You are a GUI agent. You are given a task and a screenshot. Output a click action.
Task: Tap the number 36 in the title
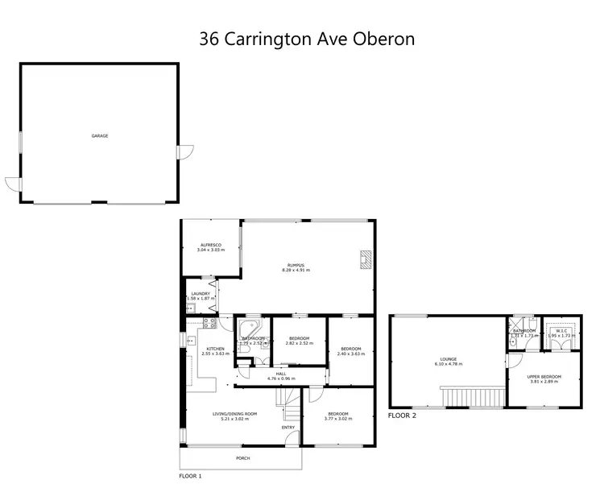[x=209, y=38]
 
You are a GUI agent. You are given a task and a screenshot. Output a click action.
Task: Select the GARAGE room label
[x=100, y=135]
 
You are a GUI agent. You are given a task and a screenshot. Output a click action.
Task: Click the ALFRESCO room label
[x=211, y=244]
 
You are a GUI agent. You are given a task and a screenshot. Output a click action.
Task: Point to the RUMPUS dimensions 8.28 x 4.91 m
[x=296, y=270]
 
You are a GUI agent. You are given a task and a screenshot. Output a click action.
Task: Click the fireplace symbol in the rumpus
[x=366, y=259]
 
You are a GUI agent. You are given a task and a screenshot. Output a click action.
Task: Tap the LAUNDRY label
[x=201, y=293]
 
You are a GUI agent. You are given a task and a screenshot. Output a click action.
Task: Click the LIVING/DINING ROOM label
[x=234, y=414]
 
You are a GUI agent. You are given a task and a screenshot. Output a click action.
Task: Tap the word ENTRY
[x=288, y=427]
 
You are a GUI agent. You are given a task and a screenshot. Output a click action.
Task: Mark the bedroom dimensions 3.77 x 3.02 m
[x=338, y=418]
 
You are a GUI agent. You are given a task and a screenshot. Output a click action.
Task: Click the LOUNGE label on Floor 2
[x=449, y=359]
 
